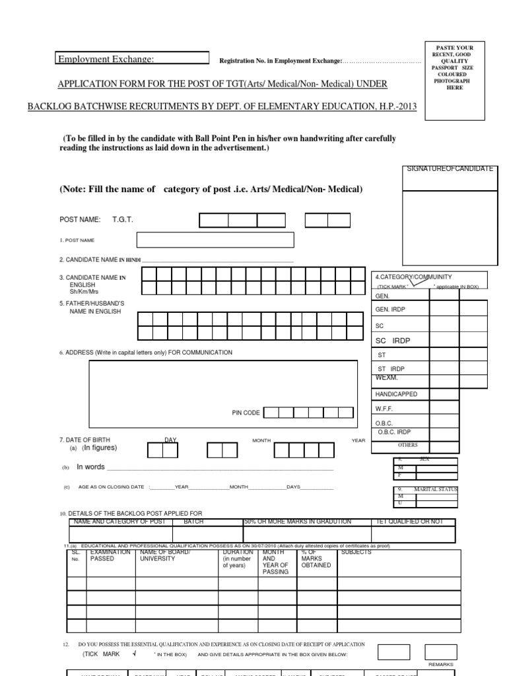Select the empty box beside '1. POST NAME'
pos(215,240)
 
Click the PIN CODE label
pos(246,413)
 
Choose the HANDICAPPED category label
pos(396,394)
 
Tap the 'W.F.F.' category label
pos(385,409)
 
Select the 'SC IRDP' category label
pos(393,340)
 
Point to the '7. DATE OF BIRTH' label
pos(86,440)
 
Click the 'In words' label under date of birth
pos(90,467)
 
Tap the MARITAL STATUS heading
pos(435,489)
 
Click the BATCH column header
pos(193,522)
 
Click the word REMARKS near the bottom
pos(441,663)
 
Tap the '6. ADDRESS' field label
pos(145,353)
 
